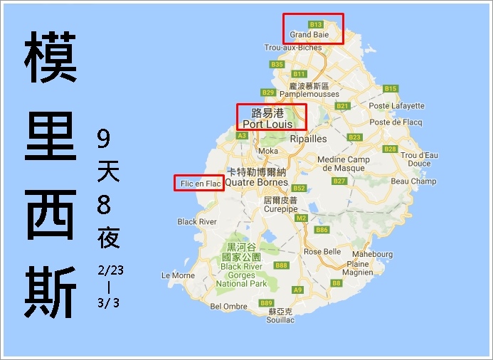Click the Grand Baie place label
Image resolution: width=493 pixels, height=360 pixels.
pyautogui.click(x=308, y=34)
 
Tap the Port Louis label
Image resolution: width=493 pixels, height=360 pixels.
pyautogui.click(x=270, y=124)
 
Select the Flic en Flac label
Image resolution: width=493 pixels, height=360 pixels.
pyautogui.click(x=199, y=184)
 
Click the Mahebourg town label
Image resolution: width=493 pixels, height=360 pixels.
pyautogui.click(x=372, y=254)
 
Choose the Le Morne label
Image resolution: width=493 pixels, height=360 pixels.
pyautogui.click(x=178, y=275)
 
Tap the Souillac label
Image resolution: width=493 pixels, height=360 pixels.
pyautogui.click(x=281, y=320)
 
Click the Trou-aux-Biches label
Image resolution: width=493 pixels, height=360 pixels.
pyautogui.click(x=292, y=48)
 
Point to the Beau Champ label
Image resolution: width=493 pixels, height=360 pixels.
pyautogui.click(x=413, y=181)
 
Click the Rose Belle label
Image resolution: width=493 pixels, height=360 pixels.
pyautogui.click(x=322, y=251)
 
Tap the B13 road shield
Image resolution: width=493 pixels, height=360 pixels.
pyautogui.click(x=316, y=24)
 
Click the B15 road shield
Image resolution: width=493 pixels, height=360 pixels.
pyautogui.click(x=390, y=89)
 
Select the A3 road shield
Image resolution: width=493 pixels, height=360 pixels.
pyautogui.click(x=242, y=135)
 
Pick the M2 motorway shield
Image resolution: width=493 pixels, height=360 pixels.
pyautogui.click(x=301, y=217)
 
